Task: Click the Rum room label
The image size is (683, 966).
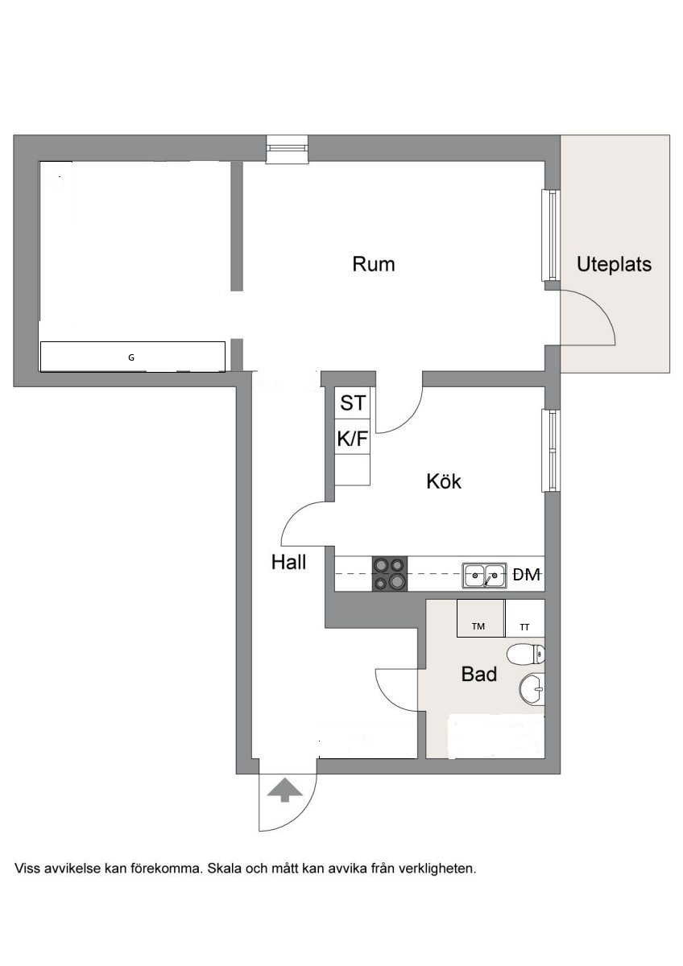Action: point(373,264)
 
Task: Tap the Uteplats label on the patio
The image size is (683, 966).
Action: point(614,264)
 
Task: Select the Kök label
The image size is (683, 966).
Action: point(444,481)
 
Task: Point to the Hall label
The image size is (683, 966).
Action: point(288,562)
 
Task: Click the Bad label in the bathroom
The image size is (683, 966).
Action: point(479,674)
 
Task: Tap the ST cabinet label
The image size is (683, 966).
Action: point(353,402)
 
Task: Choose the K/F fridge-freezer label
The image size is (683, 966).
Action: point(353,439)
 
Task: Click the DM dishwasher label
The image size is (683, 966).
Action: point(527,575)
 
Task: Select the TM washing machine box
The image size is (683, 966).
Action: point(481,618)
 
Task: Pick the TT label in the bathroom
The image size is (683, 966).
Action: point(524,627)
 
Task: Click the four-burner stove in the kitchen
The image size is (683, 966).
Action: point(390,573)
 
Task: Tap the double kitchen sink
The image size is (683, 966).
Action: point(485,576)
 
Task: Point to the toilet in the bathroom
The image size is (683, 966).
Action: point(526,654)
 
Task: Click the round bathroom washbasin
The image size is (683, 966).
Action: point(532,690)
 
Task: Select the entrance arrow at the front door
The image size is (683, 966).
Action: point(284,790)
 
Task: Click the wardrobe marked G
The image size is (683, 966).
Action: point(132,357)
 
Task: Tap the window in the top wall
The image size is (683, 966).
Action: point(288,149)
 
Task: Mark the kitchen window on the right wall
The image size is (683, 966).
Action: point(551,450)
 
